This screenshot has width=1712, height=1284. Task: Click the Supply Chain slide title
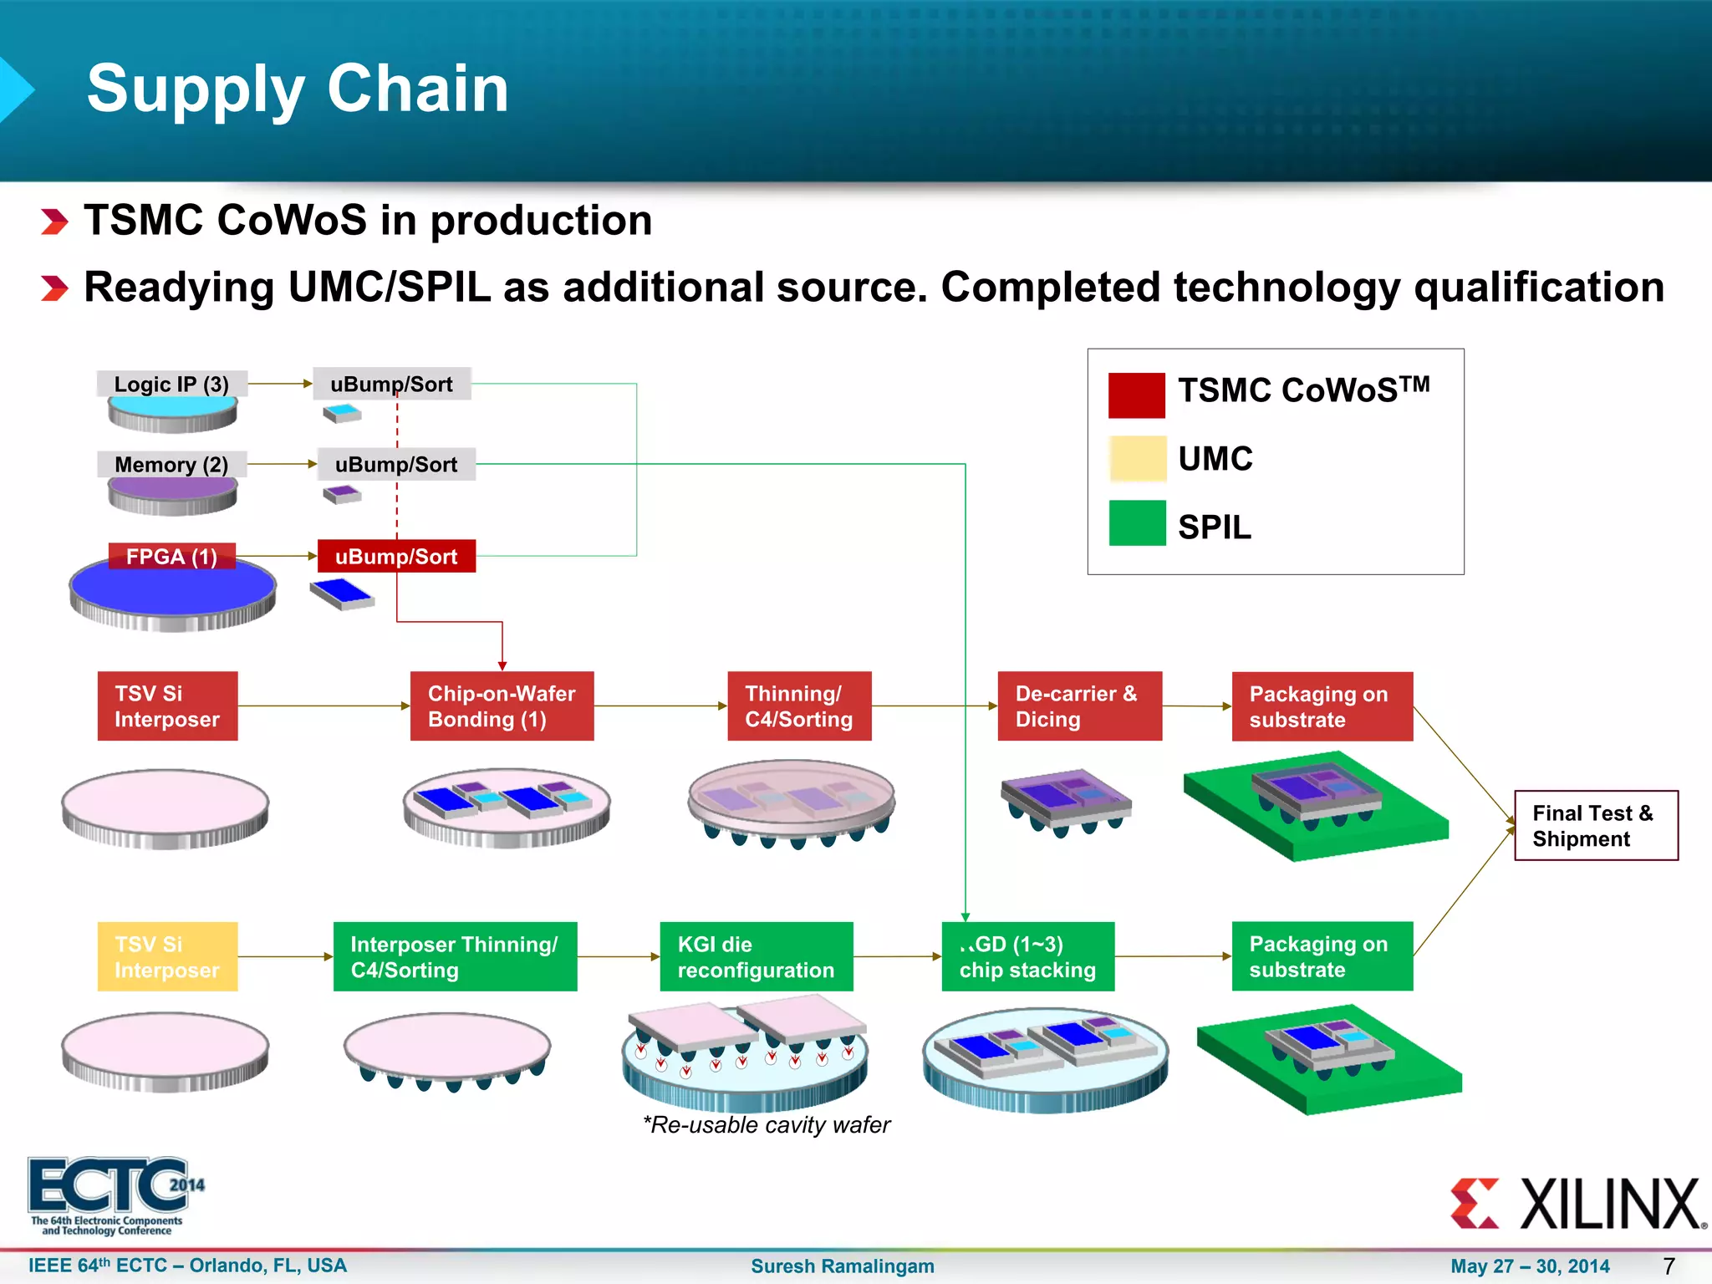[298, 89]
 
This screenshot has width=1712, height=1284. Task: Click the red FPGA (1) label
[171, 556]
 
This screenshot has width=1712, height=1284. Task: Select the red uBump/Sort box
[396, 556]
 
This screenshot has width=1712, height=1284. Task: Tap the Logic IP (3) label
[171, 384]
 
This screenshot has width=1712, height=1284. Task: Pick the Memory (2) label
[171, 464]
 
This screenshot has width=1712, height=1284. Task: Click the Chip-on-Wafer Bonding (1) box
[502, 706]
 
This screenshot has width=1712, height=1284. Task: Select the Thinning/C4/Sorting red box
[799, 706]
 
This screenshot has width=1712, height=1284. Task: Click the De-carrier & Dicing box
[1079, 706]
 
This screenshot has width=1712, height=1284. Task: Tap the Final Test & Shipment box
[1596, 825]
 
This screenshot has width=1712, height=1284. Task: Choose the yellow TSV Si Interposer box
[167, 956]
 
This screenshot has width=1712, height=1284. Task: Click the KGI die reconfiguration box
[756, 956]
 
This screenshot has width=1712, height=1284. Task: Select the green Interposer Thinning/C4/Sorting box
[455, 956]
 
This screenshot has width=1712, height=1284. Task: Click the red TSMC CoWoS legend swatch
[1136, 395]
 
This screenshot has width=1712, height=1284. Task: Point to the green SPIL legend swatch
[1137, 523]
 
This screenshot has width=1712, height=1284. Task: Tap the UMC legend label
[1215, 459]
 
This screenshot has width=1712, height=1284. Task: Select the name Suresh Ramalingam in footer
[842, 1266]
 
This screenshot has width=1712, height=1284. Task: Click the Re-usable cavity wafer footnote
[766, 1125]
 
